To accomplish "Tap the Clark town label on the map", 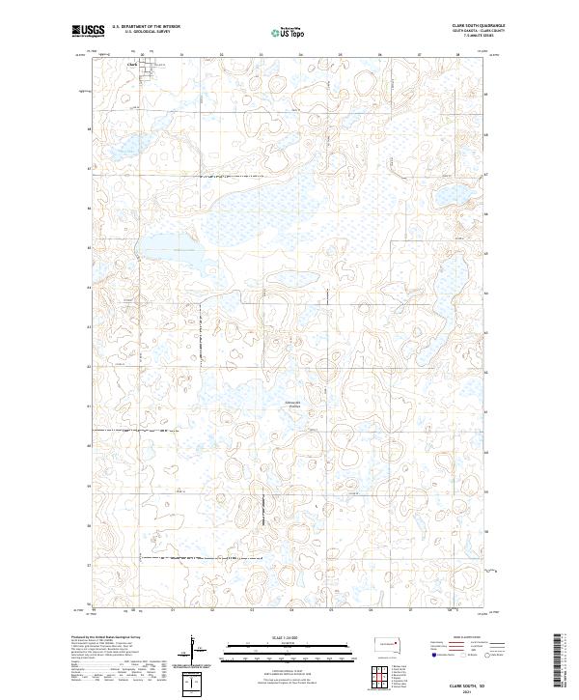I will pyautogui.click(x=132, y=66).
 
